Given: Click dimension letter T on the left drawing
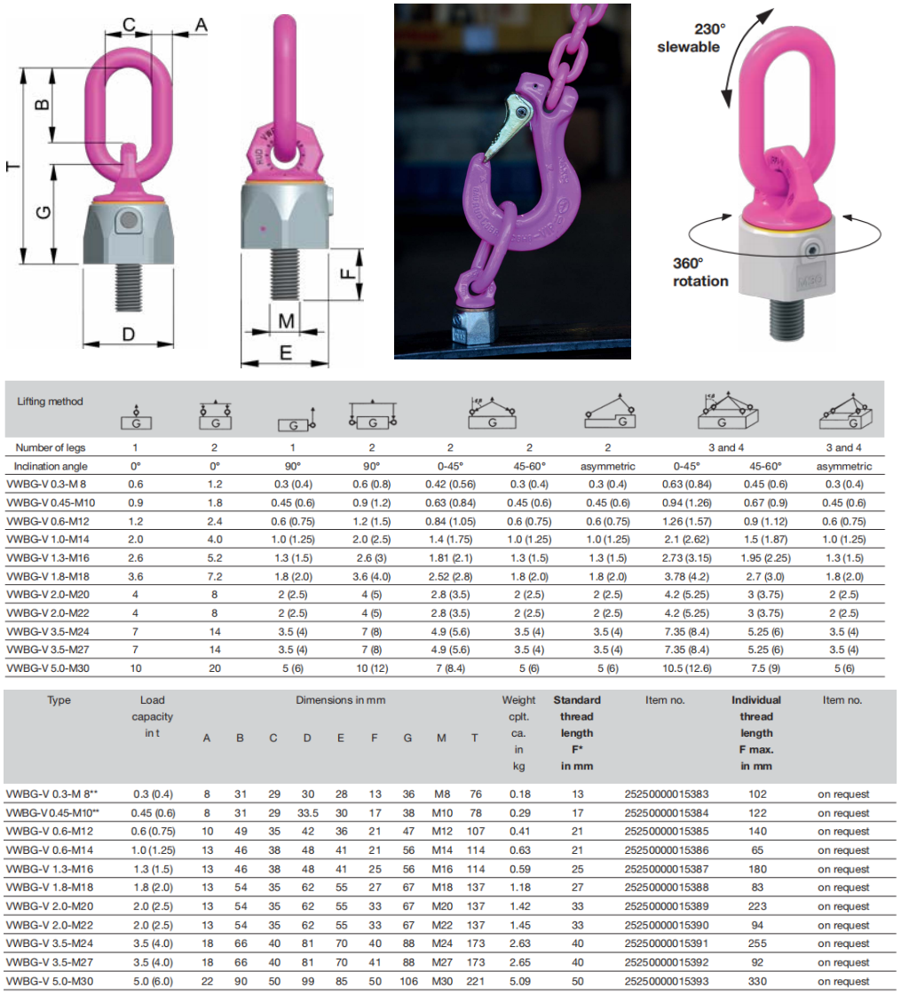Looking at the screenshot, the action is [x=12, y=166].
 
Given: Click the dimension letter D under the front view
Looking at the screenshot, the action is [x=128, y=335].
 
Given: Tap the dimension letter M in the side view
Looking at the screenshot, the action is [x=286, y=321].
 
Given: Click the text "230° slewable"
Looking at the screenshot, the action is [x=689, y=38].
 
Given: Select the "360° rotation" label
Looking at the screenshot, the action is [x=700, y=272].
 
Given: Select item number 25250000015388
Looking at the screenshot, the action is [x=667, y=887].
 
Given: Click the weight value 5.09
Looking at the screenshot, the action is [x=519, y=981].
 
